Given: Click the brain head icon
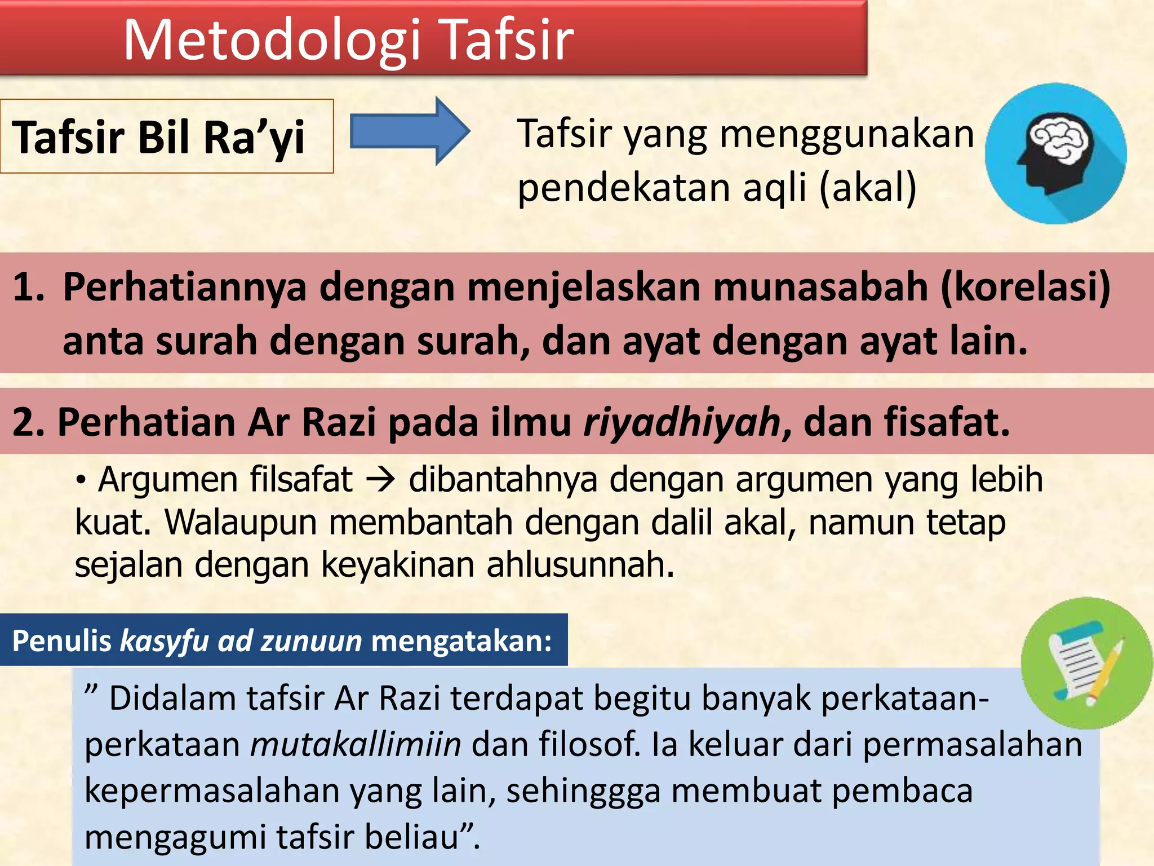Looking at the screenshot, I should point(1055,153).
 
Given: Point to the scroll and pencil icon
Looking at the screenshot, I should point(1086,663).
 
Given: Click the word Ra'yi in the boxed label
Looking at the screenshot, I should point(254,138).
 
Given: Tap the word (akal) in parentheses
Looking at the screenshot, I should point(868,188).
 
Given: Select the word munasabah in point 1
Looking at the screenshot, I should point(820,287).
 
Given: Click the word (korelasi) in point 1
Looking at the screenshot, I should point(1026,287).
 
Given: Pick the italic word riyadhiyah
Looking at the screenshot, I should point(682,422).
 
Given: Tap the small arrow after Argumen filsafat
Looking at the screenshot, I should point(380,481).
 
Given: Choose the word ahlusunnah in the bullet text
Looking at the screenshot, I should point(580,565).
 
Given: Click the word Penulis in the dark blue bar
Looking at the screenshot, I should point(62,641).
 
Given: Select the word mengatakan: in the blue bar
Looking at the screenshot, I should point(461,641).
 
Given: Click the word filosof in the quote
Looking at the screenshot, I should point(589,744).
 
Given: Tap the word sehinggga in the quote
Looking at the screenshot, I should point(583,790).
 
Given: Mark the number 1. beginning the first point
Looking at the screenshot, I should point(28,287).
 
